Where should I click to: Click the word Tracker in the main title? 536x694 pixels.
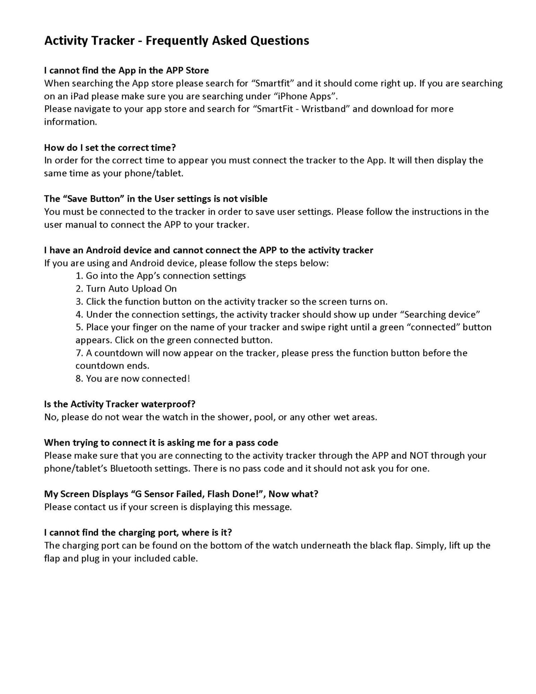coord(113,41)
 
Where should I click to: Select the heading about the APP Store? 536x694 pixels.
coord(126,70)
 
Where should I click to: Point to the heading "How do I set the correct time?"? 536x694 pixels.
coord(110,148)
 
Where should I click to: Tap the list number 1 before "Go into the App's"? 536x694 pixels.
coord(79,276)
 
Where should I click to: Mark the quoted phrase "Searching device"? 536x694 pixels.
coord(440,315)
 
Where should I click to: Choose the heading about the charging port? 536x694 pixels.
coord(138,533)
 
